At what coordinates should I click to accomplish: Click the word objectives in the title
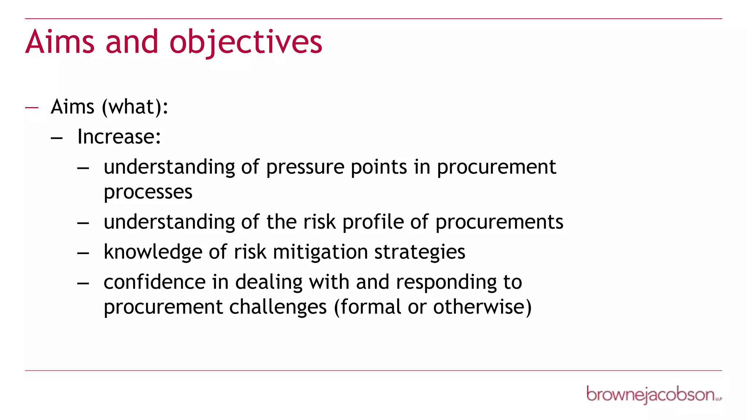tap(246, 42)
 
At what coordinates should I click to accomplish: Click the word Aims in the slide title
tap(60, 42)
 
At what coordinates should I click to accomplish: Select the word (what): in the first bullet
tap(135, 107)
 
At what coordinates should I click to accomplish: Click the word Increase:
tap(119, 137)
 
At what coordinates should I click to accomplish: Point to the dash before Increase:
tap(57, 138)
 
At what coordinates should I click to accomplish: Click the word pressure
tap(305, 168)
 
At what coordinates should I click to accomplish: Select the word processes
tap(148, 192)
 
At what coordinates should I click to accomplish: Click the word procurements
tap(499, 222)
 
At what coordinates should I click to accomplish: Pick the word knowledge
tap(153, 252)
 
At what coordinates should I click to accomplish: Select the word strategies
tap(419, 252)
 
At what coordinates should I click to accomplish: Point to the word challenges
tap(278, 307)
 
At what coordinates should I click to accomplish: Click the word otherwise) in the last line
tap(482, 307)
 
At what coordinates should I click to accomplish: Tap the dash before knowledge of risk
tap(83, 253)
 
